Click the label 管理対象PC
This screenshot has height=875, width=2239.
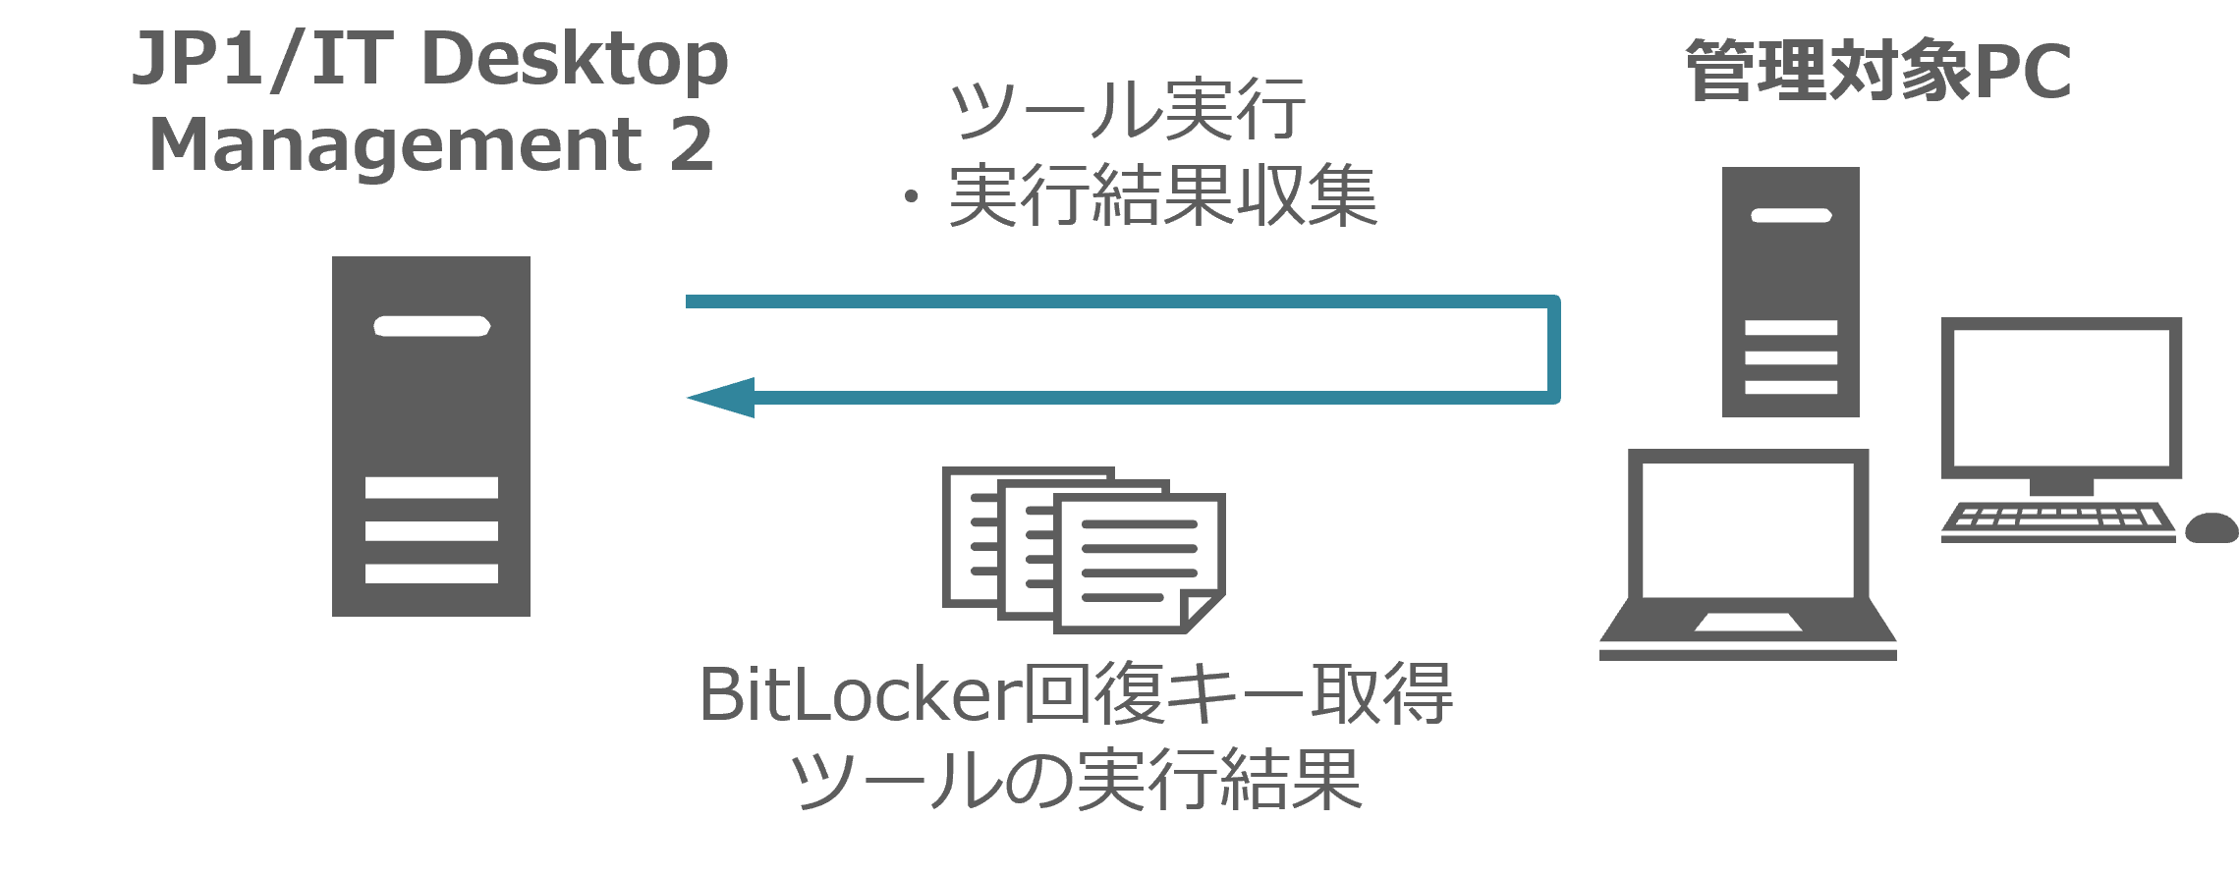tap(1877, 71)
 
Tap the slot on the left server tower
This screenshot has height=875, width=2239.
tap(431, 326)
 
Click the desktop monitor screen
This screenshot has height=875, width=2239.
tap(2061, 397)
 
